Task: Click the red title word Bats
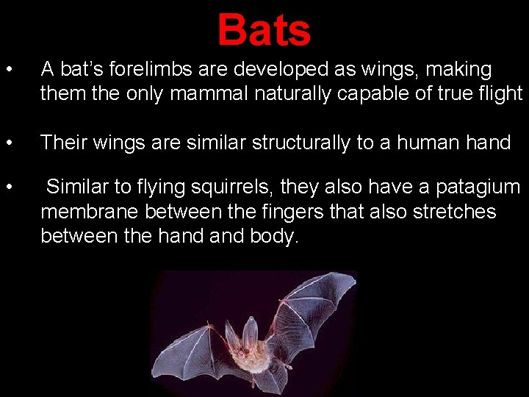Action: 264,31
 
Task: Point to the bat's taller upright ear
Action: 251,328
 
